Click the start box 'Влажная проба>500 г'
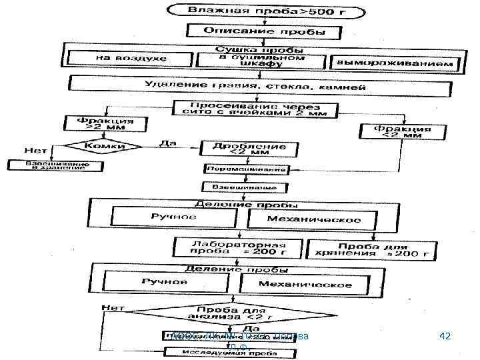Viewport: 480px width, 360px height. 265,11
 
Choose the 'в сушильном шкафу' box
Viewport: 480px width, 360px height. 261,60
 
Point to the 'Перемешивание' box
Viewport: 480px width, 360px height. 247,169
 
